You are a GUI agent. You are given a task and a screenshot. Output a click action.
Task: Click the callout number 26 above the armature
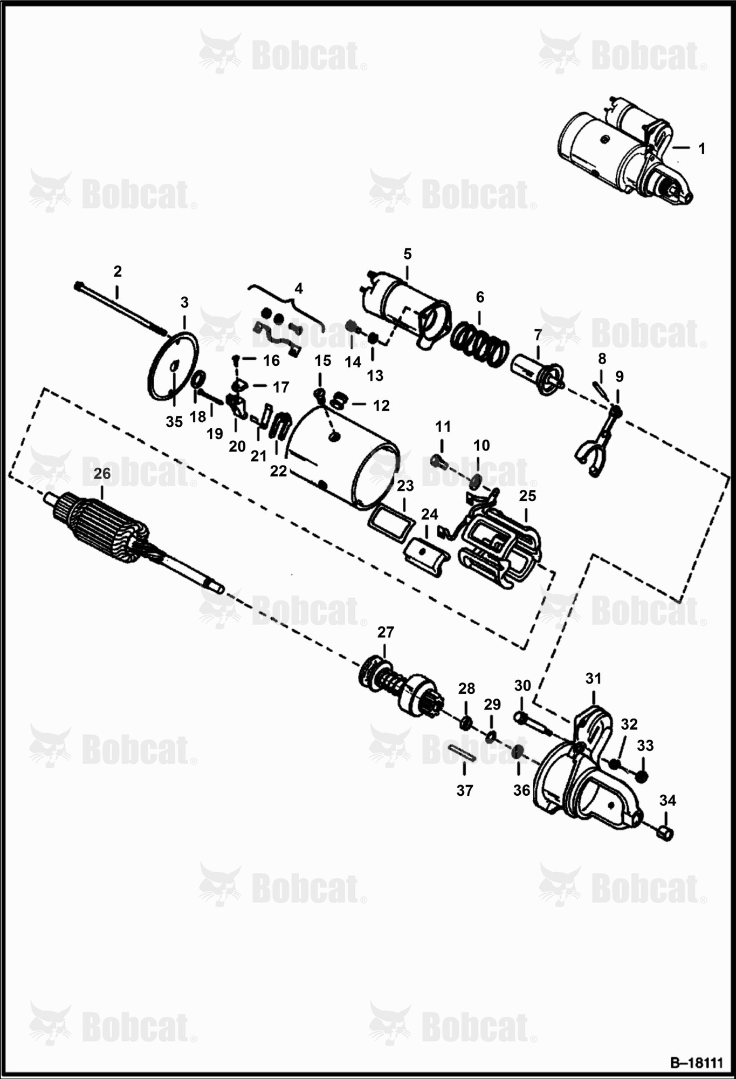point(102,474)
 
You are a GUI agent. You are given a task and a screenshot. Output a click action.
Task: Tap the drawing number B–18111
point(697,1063)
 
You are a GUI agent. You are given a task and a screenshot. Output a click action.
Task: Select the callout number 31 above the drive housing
point(593,679)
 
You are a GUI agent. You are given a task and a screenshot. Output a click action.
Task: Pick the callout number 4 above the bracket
point(299,288)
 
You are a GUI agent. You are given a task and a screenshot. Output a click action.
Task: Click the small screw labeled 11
point(439,462)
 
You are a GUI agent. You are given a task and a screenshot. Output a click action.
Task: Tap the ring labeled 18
point(197,380)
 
